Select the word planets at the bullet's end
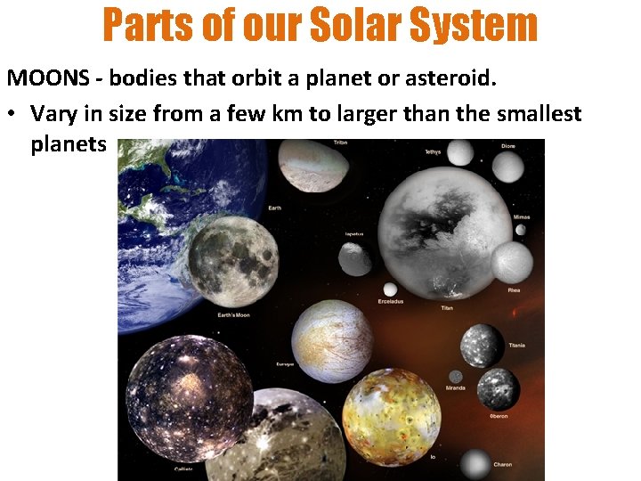click(x=68, y=143)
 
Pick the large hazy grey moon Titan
click(x=440, y=233)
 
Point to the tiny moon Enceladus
click(x=390, y=289)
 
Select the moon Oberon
click(x=497, y=388)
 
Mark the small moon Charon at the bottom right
click(x=477, y=463)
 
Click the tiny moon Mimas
click(x=520, y=230)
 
